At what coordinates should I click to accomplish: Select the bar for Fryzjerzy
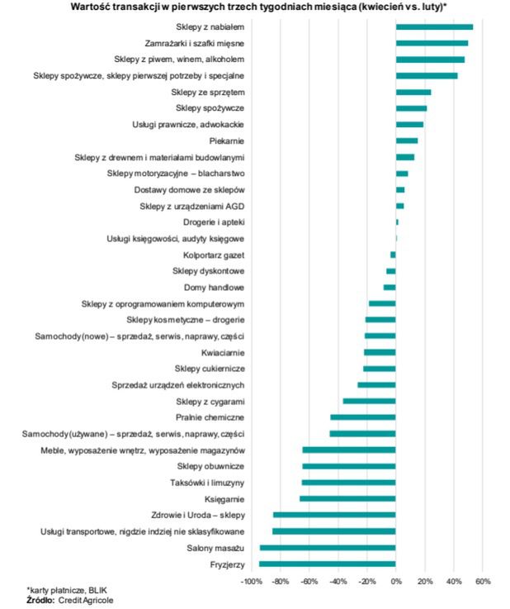click(328, 564)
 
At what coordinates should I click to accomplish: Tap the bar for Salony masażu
click(328, 547)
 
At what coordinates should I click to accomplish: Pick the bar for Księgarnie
click(347, 498)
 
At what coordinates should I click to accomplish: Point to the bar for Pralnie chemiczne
click(363, 417)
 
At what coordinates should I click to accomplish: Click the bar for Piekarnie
click(407, 140)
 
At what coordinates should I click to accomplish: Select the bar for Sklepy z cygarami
click(370, 401)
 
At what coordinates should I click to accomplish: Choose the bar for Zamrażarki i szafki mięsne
click(432, 43)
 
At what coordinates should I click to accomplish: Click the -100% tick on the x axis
click(251, 581)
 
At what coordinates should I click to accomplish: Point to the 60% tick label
click(483, 581)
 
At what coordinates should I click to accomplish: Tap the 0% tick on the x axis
click(396, 581)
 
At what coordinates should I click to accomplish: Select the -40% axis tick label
click(338, 581)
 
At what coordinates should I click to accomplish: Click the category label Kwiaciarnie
click(222, 352)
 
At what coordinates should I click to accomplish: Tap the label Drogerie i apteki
click(213, 222)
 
